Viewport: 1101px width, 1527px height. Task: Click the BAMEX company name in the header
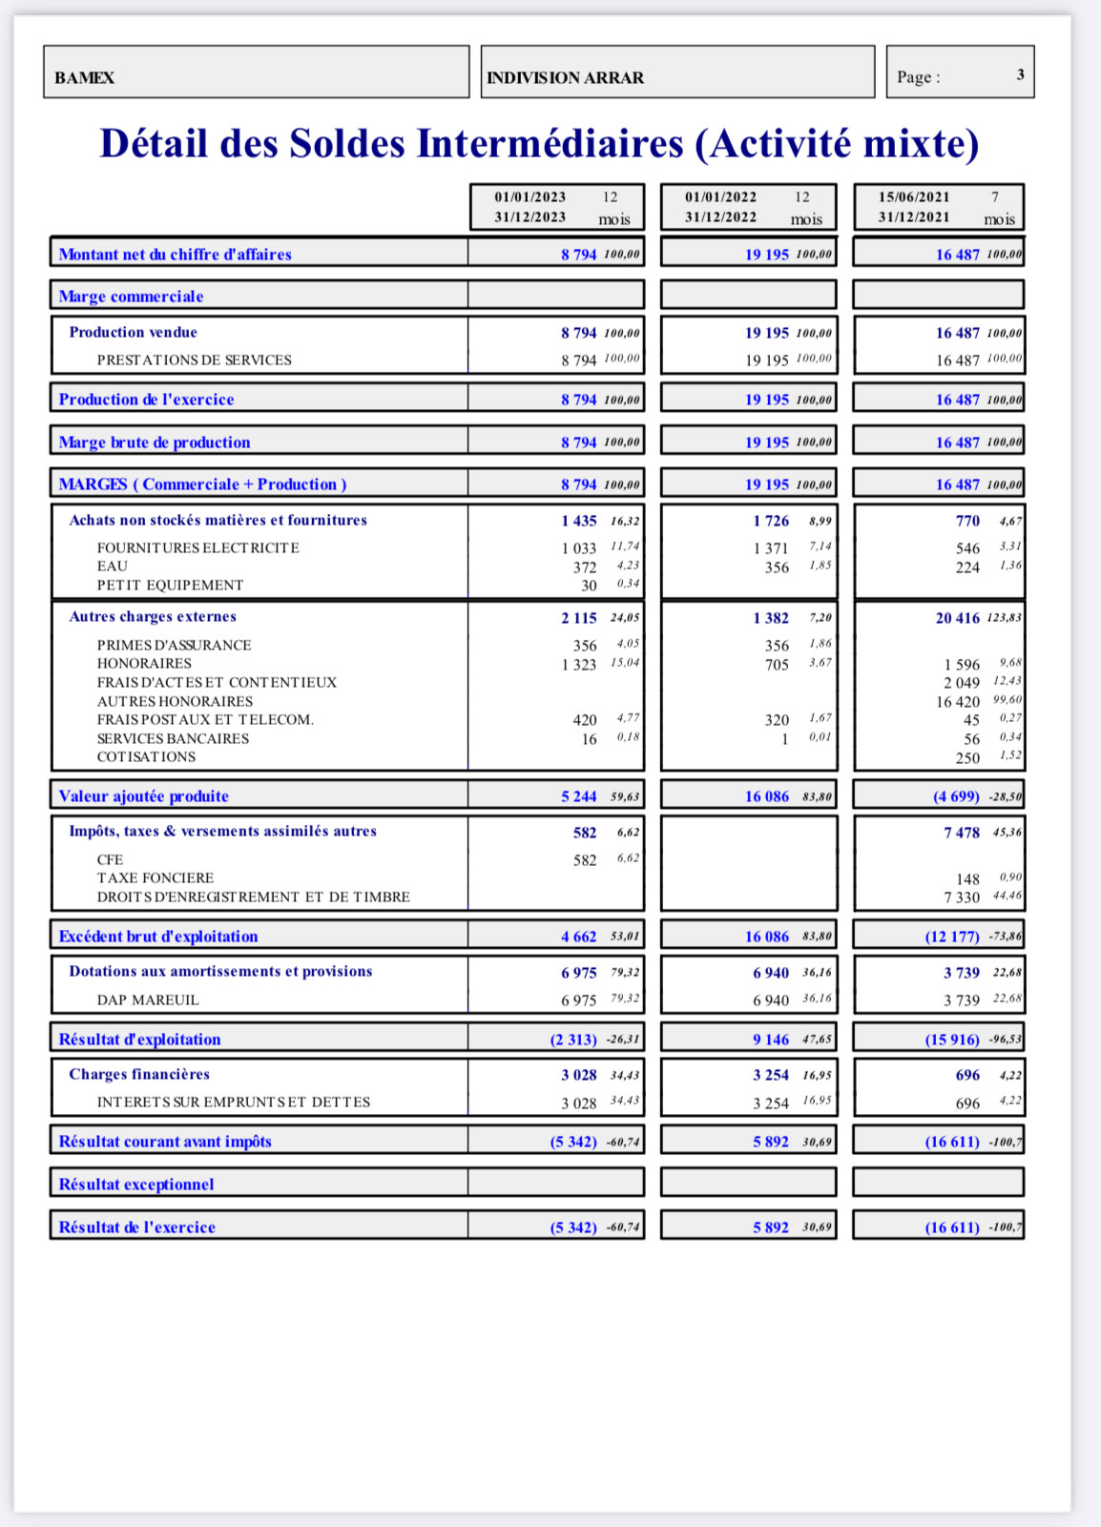point(84,77)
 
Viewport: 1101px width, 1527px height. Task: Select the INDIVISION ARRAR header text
point(565,77)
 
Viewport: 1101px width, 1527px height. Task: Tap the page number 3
point(1020,74)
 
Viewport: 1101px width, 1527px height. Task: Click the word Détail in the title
point(154,144)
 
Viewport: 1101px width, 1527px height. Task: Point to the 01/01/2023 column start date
point(530,197)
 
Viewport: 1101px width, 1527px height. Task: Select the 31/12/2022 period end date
point(720,217)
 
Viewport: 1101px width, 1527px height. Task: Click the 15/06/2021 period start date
point(914,197)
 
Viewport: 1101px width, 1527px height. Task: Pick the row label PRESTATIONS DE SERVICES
point(194,361)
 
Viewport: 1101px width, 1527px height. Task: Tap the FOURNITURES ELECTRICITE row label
point(197,547)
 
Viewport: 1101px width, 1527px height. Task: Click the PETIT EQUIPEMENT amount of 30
point(589,586)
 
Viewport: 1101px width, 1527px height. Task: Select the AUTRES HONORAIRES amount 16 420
point(957,702)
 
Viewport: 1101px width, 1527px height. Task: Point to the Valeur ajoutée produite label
point(143,796)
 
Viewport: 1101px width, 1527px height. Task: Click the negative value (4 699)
point(956,796)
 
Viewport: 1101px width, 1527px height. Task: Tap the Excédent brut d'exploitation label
point(157,937)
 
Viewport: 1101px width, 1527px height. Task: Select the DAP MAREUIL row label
point(148,1001)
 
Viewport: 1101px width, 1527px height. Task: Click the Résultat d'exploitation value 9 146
point(770,1040)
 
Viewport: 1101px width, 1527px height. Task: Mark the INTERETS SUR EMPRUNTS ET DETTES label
point(233,1103)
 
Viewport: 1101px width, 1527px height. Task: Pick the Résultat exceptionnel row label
point(136,1185)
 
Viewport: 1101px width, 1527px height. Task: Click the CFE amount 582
point(585,860)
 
